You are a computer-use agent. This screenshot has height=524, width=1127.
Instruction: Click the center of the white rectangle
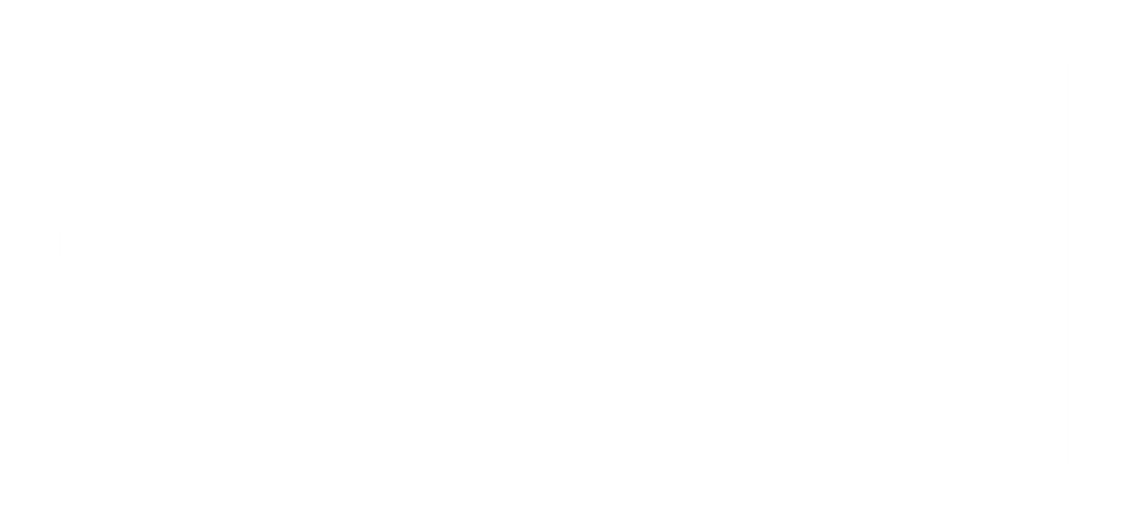pyautogui.click(x=563, y=266)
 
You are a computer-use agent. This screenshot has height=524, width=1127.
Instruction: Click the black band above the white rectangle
pyautogui.click(x=563, y=32)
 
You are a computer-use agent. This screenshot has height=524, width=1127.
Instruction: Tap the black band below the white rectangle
pyautogui.click(x=563, y=496)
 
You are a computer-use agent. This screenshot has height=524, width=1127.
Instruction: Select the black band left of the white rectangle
pyautogui.click(x=29, y=266)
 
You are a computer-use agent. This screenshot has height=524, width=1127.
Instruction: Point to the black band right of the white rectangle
pyautogui.click(x=1097, y=266)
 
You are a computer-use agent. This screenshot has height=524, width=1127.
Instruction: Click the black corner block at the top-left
pyautogui.click(x=29, y=32)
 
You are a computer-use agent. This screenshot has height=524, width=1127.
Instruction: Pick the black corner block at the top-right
pyautogui.click(x=1097, y=32)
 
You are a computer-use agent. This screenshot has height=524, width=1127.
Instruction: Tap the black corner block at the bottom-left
pyautogui.click(x=29, y=496)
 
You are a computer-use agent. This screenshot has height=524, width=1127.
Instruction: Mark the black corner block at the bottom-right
pyautogui.click(x=1097, y=496)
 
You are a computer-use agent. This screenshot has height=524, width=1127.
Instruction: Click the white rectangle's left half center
pyautogui.click(x=312, y=266)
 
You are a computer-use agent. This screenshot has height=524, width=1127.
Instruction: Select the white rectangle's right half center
pyautogui.click(x=815, y=266)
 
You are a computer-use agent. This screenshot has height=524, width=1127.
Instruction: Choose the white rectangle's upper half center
pyautogui.click(x=563, y=166)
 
